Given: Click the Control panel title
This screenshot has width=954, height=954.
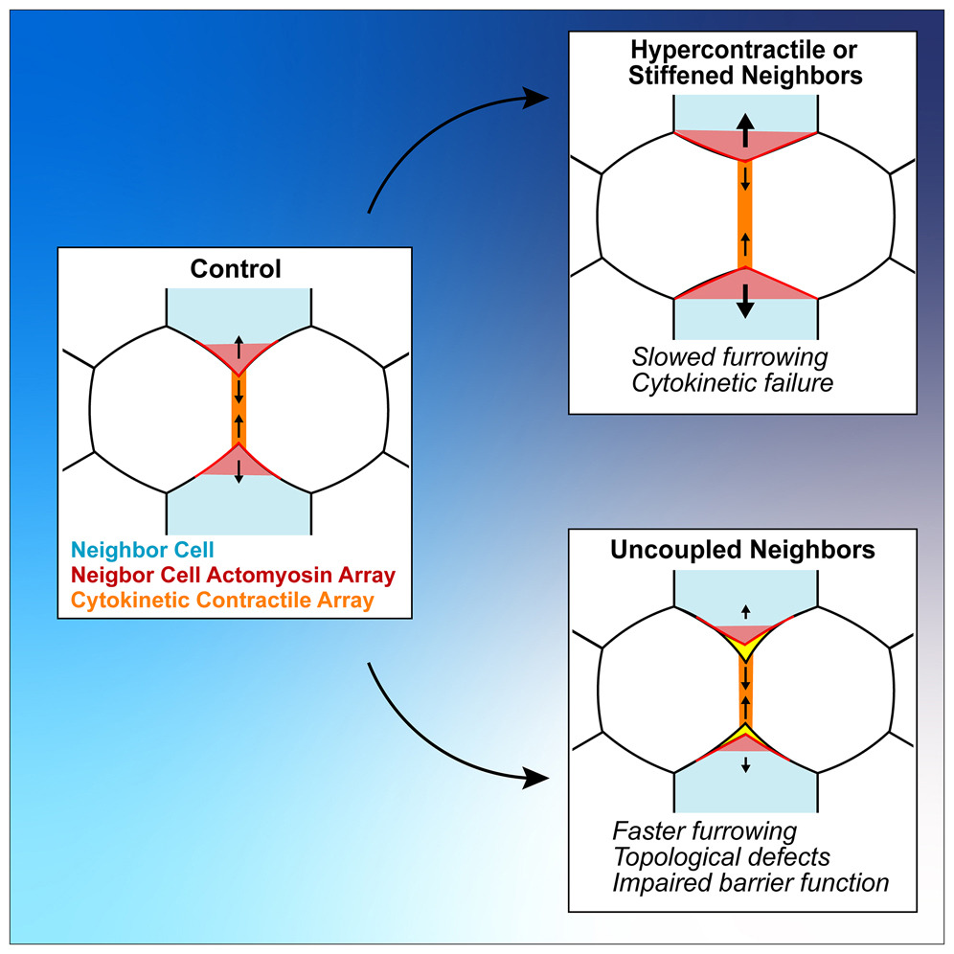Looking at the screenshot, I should (x=236, y=269).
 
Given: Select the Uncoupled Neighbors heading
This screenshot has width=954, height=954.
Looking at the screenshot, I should (x=744, y=551).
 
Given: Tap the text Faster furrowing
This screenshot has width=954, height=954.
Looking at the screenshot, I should (x=705, y=830).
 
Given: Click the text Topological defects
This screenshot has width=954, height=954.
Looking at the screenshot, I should (x=721, y=855).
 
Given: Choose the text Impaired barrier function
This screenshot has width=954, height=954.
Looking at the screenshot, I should (x=751, y=880).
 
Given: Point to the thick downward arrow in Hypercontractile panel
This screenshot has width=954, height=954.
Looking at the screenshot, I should (x=745, y=301).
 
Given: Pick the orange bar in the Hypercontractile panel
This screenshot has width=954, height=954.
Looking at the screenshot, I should (x=745, y=216).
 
